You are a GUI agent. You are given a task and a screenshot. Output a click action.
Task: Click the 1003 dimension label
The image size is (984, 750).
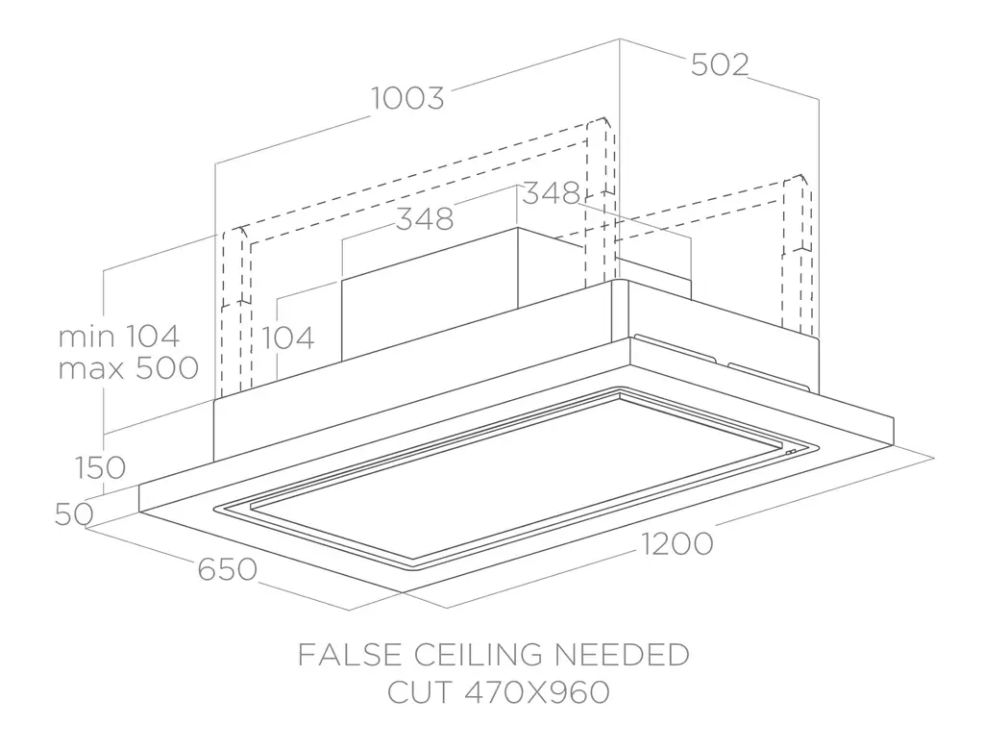[409, 98]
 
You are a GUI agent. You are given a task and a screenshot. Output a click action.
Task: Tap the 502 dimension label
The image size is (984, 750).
[719, 64]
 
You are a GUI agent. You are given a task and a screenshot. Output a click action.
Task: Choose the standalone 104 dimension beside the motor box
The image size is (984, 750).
[288, 337]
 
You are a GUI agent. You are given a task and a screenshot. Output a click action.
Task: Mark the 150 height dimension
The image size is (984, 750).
[99, 468]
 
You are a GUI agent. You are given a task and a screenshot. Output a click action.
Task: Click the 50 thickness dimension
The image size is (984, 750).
[73, 514]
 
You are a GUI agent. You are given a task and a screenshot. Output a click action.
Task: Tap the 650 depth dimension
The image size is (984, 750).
[228, 569]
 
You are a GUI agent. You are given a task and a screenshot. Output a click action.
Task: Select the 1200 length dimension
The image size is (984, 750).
[676, 544]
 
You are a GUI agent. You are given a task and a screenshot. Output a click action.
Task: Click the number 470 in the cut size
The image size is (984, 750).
[487, 692]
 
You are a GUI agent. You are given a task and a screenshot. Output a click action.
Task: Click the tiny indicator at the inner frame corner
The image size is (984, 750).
[790, 452]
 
